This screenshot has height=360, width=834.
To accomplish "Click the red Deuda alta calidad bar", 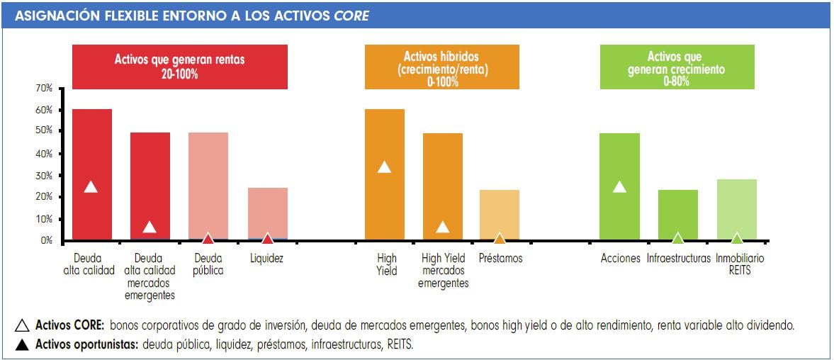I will click(91, 142).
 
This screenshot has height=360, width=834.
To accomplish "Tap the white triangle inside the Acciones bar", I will click(619, 187).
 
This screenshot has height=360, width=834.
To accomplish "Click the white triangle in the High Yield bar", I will click(384, 167).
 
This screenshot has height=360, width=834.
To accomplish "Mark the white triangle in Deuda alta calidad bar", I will click(91, 187).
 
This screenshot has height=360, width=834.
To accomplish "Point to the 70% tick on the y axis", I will click(44, 89).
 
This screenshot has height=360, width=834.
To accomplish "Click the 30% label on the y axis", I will click(44, 175).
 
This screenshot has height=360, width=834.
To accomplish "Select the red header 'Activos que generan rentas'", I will click(179, 67).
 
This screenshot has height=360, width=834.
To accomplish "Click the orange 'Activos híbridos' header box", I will click(441, 67).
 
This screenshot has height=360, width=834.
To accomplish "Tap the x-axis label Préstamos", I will click(500, 259).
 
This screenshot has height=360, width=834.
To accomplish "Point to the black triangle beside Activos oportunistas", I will click(22, 345).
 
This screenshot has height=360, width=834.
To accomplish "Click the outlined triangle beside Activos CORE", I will click(22, 326).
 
